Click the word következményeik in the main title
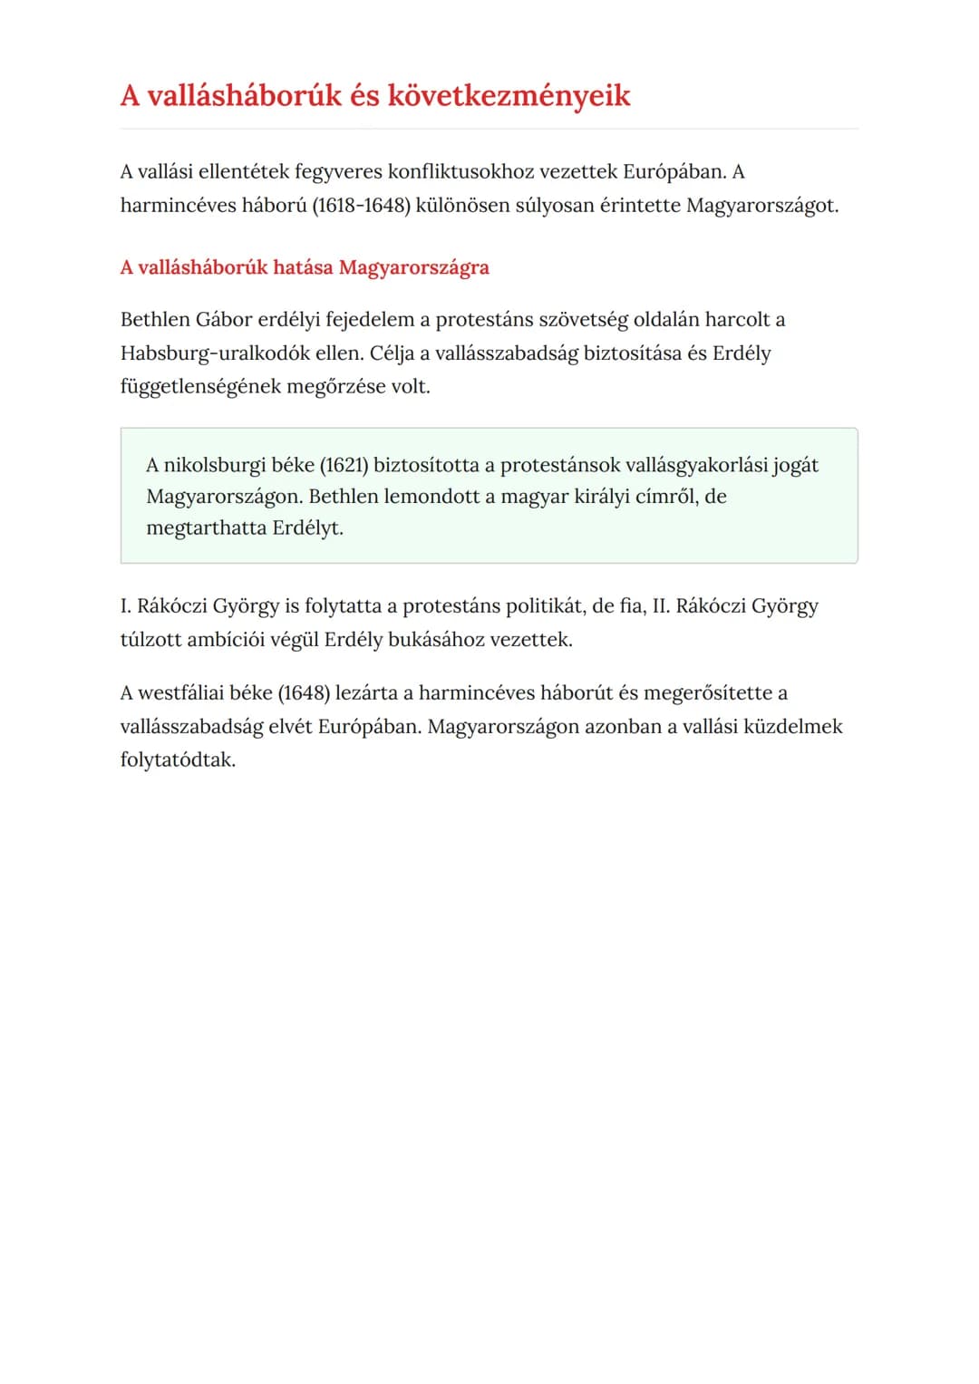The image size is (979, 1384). (509, 95)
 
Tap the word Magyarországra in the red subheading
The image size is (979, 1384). (413, 267)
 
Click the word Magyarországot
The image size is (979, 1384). (761, 205)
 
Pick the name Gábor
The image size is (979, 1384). (224, 319)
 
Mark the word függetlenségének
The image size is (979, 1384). (200, 386)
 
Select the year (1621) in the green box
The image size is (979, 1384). (344, 465)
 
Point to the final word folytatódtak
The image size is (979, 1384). (178, 760)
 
